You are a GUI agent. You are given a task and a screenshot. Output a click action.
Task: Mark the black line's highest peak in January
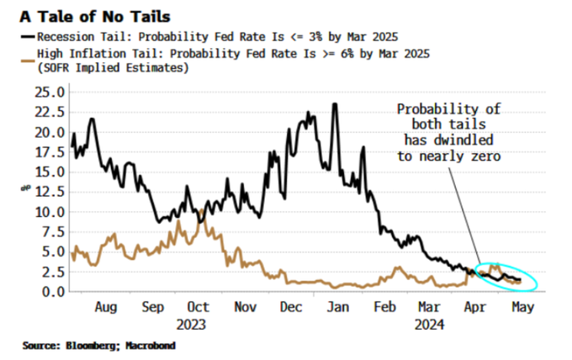[335, 104]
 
